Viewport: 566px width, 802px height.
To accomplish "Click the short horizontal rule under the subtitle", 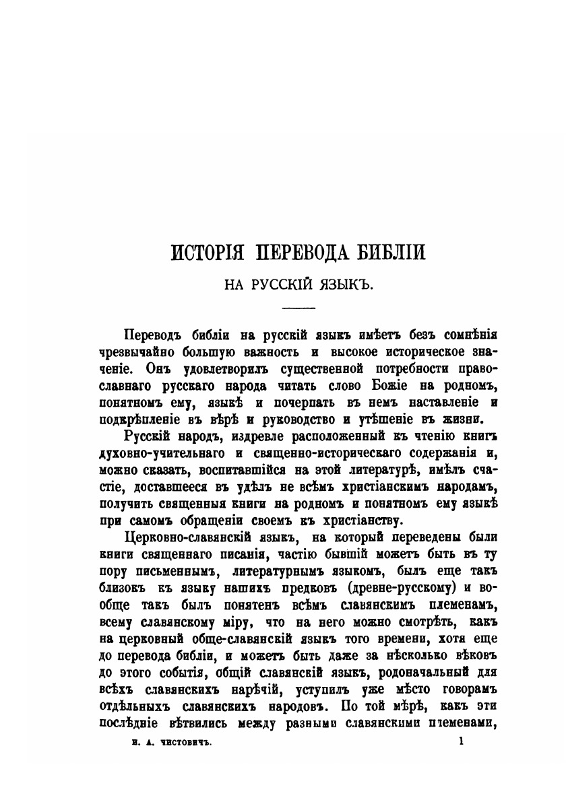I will pyautogui.click(x=298, y=308).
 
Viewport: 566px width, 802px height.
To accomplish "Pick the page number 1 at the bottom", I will pyautogui.click(x=461, y=741).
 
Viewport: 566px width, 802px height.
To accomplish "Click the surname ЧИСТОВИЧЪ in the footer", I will pyautogui.click(x=174, y=742).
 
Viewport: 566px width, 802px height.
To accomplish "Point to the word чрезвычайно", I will pyautogui.click(x=135, y=352).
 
